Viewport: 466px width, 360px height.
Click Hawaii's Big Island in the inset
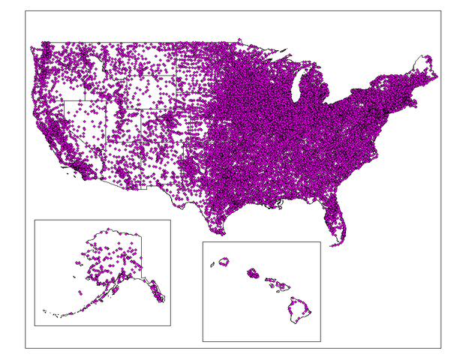pyautogui.click(x=301, y=310)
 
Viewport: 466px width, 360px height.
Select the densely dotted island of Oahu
pyautogui.click(x=253, y=273)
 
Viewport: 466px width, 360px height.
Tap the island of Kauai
pyautogui.click(x=223, y=262)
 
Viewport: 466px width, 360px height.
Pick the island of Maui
pyautogui.click(x=281, y=286)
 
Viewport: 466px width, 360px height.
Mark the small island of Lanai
pyautogui.click(x=269, y=286)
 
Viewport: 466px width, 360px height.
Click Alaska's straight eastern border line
pyautogui.click(x=140, y=255)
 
